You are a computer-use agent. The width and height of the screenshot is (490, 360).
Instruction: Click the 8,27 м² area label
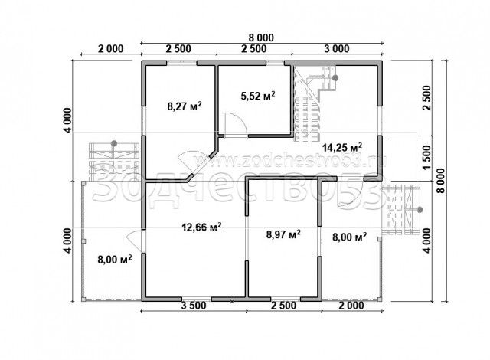tap(185, 106)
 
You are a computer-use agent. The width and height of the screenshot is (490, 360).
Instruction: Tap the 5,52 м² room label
tap(258, 95)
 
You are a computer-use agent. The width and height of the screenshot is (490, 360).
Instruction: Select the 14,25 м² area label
tap(342, 147)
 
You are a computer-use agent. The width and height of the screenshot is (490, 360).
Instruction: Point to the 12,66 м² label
tap(201, 227)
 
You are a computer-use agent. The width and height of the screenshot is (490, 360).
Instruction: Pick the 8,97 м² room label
tap(283, 234)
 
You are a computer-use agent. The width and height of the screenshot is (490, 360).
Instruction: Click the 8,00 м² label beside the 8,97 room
tap(349, 237)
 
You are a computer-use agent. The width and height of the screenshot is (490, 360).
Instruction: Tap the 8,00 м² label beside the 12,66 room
tap(115, 259)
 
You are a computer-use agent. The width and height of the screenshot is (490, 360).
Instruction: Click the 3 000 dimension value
tap(337, 49)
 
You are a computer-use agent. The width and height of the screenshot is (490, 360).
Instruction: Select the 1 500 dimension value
tap(426, 158)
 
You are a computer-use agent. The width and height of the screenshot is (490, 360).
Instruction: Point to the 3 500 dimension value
tap(194, 306)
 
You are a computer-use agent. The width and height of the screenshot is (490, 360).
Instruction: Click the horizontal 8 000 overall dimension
tap(261, 38)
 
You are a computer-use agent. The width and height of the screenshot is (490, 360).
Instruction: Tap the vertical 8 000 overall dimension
tap(441, 181)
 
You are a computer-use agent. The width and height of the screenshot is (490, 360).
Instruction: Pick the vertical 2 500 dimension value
tap(426, 97)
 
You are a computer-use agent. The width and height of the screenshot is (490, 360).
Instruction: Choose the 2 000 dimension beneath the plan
tap(351, 306)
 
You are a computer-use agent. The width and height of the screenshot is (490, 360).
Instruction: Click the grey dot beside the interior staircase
tap(335, 78)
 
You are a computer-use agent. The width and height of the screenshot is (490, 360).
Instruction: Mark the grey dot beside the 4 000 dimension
tap(114, 143)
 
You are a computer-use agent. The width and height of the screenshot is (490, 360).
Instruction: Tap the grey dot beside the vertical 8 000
tap(420, 210)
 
